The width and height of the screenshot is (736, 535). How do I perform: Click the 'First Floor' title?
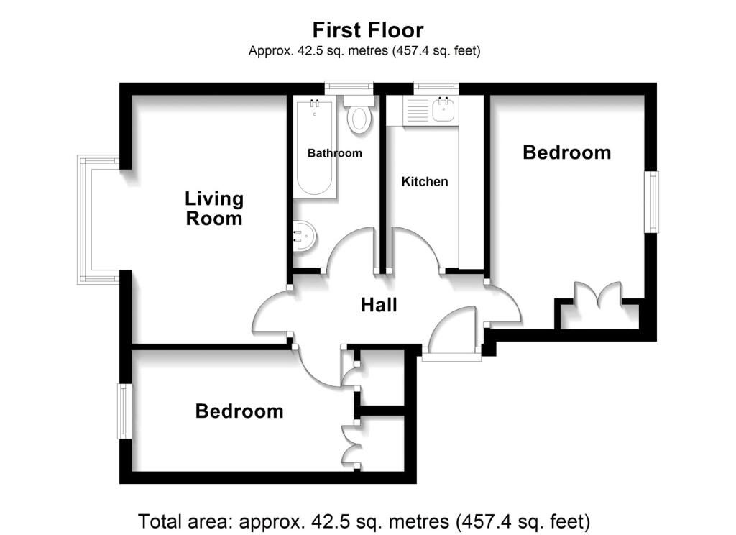[368, 30]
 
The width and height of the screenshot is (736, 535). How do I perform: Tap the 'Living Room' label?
[214, 209]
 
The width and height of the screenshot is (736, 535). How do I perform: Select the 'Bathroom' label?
[335, 153]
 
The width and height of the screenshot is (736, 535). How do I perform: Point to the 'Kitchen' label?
[425, 181]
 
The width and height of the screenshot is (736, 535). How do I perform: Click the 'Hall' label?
[379, 306]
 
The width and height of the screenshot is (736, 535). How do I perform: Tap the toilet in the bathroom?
[359, 114]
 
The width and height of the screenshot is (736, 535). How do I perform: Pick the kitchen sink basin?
[443, 109]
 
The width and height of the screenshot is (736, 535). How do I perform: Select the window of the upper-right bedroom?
[651, 202]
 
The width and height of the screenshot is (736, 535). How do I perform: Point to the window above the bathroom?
[349, 87]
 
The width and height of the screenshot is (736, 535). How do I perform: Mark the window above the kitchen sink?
[436, 87]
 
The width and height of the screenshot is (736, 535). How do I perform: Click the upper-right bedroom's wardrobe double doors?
[598, 292]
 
